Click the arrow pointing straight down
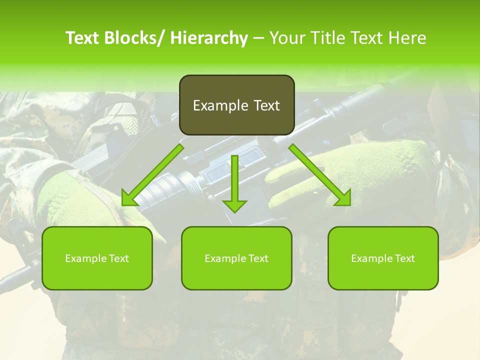click(235, 182)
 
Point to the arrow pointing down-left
click(152, 175)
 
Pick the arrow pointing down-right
click(320, 175)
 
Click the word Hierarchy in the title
click(208, 38)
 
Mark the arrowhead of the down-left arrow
click(129, 198)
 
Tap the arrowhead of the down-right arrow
click(343, 198)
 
